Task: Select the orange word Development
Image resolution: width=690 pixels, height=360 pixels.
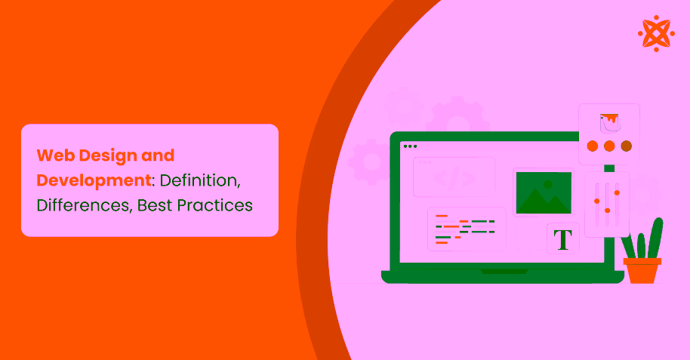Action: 91,180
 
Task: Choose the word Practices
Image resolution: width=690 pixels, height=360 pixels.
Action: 219,205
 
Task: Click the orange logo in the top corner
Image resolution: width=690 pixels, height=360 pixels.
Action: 656,33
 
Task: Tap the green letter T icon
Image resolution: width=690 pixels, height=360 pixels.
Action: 563,239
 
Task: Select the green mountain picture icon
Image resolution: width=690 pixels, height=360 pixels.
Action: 543,193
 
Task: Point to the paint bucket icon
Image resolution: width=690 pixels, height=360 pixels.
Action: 608,121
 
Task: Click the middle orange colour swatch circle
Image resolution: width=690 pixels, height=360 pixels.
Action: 608,146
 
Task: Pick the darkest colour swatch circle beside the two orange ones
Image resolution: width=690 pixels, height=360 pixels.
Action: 625,146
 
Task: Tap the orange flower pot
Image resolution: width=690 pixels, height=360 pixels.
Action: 642,269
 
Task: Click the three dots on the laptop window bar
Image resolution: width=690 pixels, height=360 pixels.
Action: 410,146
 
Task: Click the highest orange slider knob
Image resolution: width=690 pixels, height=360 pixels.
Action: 617,192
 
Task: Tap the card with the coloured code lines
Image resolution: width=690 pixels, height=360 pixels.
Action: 466,229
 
